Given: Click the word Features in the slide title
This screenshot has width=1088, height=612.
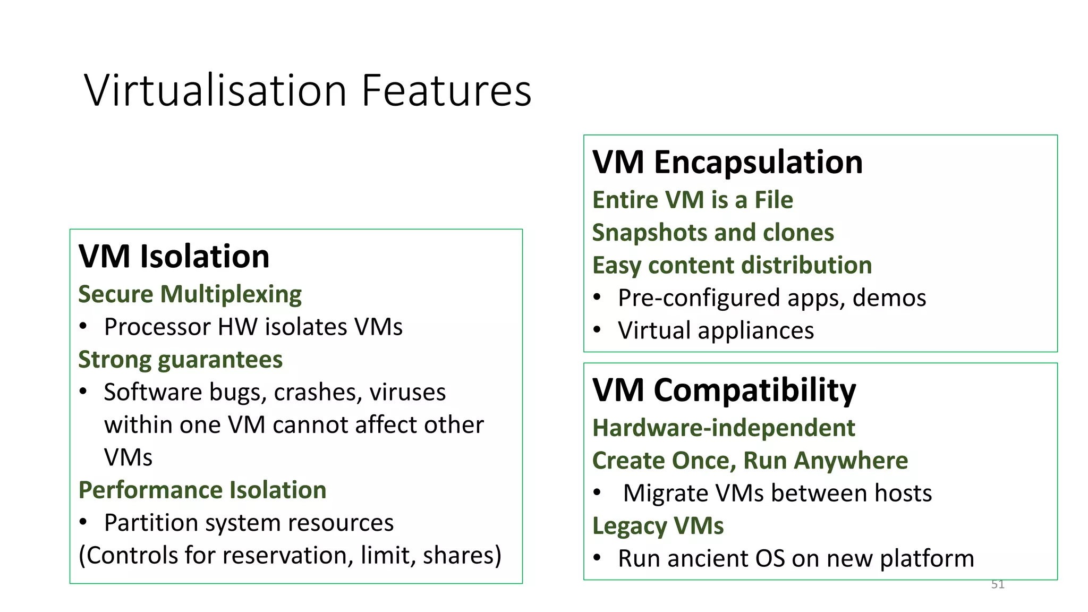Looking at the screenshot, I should click(x=446, y=90).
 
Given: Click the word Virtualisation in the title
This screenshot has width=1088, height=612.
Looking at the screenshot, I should click(x=215, y=90).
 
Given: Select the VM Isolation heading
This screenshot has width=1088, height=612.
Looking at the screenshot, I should click(x=174, y=257).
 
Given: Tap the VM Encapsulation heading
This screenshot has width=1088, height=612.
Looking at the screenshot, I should click(x=727, y=162).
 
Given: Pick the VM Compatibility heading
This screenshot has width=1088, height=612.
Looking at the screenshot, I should click(x=724, y=390).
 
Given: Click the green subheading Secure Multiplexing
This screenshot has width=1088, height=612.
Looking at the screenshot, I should click(x=190, y=294).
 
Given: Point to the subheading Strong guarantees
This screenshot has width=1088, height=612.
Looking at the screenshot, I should click(x=180, y=360).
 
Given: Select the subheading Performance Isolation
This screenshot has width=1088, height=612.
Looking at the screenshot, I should click(x=202, y=490).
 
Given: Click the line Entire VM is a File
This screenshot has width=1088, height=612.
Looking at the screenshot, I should click(x=692, y=200).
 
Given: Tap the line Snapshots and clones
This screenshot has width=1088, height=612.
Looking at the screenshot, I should click(x=713, y=233).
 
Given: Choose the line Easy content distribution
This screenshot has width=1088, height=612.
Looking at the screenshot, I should click(x=732, y=265).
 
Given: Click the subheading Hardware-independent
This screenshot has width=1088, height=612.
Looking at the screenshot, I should click(x=724, y=428).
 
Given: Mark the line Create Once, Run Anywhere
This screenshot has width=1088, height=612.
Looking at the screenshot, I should click(x=750, y=461).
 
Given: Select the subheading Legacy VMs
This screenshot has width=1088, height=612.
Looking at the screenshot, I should click(x=658, y=526).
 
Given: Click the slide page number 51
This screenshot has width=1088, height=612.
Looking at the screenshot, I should click(x=998, y=584).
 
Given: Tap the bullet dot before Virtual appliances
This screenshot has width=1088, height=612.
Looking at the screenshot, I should click(x=597, y=330).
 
